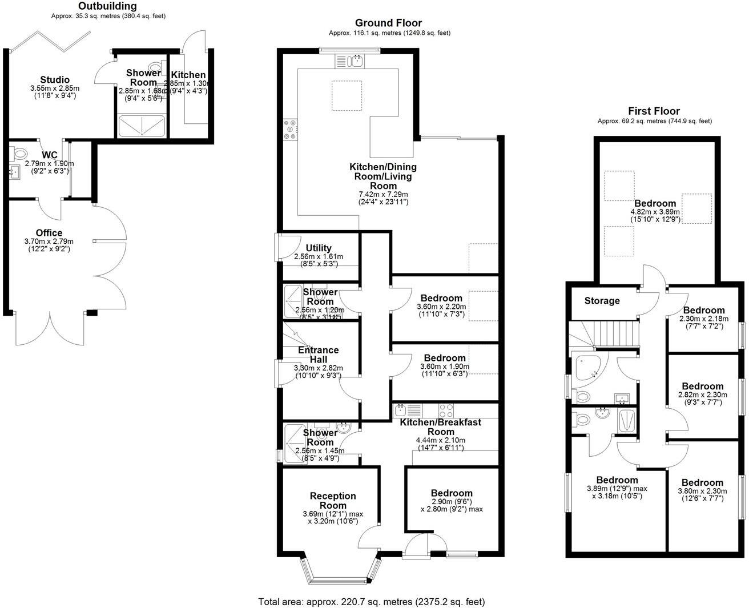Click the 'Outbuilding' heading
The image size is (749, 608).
108,6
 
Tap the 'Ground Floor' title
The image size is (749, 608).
388,23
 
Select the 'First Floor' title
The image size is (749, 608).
654,111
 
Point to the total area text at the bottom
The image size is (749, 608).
371,602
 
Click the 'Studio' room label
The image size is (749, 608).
55,80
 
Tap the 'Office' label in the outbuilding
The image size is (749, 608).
49,233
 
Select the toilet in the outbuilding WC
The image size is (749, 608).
19,154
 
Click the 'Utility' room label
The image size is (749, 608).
319,248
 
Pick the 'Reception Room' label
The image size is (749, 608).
333,501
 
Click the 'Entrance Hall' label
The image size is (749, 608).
318,355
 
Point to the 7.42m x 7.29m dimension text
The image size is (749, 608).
383,195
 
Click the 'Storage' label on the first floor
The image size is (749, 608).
602,301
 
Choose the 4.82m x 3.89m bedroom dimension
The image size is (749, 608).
655,211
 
